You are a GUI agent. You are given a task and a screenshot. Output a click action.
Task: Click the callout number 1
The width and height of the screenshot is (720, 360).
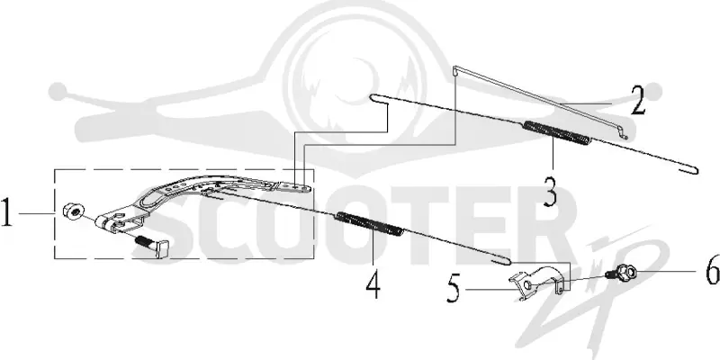[6, 212]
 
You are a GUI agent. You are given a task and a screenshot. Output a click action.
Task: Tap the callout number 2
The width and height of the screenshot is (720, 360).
[638, 101]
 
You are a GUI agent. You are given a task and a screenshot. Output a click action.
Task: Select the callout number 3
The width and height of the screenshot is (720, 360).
[550, 192]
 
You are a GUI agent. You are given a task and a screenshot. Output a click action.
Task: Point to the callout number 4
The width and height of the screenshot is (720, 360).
[373, 284]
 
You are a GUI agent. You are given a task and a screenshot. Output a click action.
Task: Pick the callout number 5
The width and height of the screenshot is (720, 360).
[454, 290]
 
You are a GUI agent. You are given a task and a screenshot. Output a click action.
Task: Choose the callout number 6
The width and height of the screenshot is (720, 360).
[713, 271]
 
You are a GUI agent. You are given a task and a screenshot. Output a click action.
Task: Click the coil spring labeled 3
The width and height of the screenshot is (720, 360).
[557, 132]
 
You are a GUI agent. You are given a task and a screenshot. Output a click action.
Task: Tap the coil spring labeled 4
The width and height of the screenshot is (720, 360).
[370, 223]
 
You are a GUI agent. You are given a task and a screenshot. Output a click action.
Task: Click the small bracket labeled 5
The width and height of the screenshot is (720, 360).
[537, 281]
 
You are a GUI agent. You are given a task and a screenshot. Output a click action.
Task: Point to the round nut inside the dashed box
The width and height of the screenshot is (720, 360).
[74, 211]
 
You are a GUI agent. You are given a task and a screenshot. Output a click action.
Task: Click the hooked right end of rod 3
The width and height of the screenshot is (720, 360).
[692, 170]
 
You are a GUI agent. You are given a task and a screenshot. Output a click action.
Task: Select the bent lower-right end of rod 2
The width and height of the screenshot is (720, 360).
[622, 133]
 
